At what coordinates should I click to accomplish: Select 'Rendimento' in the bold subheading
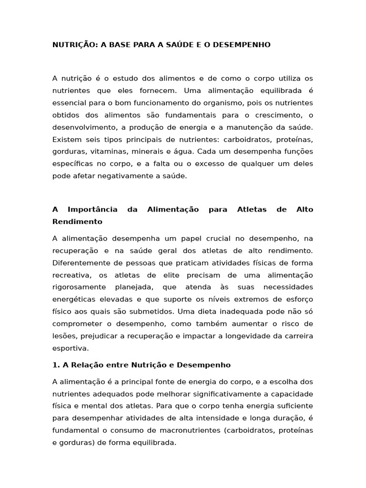(x=77, y=222)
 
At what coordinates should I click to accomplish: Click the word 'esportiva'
(x=70, y=348)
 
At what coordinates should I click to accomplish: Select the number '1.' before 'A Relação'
(x=56, y=365)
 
